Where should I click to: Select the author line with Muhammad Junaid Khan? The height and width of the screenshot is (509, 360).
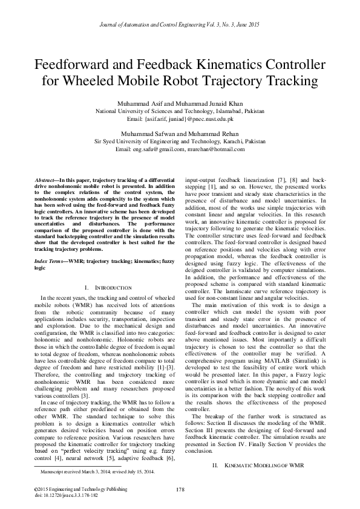point(180,105)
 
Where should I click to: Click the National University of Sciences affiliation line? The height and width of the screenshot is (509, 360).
point(180,112)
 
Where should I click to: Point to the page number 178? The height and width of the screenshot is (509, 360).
point(180,488)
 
